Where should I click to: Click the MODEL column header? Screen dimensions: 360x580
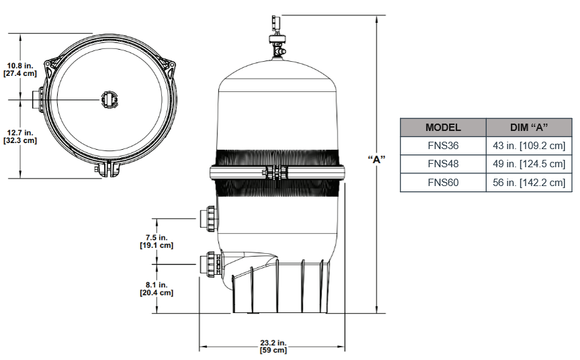[443, 128]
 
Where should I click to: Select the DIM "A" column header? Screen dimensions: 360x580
[527, 128]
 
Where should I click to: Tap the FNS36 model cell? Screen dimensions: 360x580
[443, 146]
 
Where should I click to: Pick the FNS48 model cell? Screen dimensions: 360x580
[443, 164]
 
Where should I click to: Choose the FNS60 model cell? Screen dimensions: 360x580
[443, 182]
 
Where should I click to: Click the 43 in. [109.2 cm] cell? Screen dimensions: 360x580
[527, 146]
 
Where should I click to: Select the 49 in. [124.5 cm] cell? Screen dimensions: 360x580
[527, 164]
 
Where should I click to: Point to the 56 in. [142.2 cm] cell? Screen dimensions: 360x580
[527, 182]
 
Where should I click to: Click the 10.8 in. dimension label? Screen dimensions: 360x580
[19, 69]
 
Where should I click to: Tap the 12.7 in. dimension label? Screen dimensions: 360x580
[20, 137]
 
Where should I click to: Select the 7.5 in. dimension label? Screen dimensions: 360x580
[156, 241]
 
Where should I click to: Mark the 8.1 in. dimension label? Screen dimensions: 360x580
[156, 289]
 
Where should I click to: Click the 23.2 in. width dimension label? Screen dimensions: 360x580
[273, 347]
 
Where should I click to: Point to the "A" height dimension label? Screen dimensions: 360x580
[377, 159]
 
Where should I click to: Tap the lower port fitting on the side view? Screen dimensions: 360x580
[209, 263]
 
